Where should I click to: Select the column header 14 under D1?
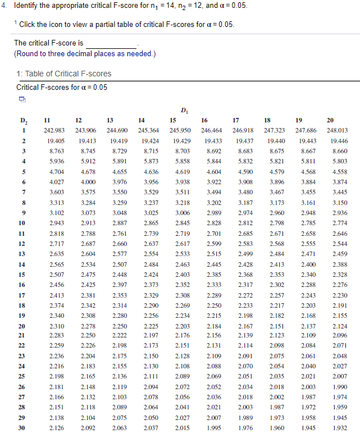click(x=142, y=120)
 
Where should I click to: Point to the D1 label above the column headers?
click(x=184, y=109)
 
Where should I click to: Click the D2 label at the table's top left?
click(x=24, y=120)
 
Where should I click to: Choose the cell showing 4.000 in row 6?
click(x=88, y=181)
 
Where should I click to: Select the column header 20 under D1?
click(x=330, y=120)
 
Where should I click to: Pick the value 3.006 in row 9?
click(x=182, y=212)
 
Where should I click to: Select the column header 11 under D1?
click(x=47, y=120)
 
